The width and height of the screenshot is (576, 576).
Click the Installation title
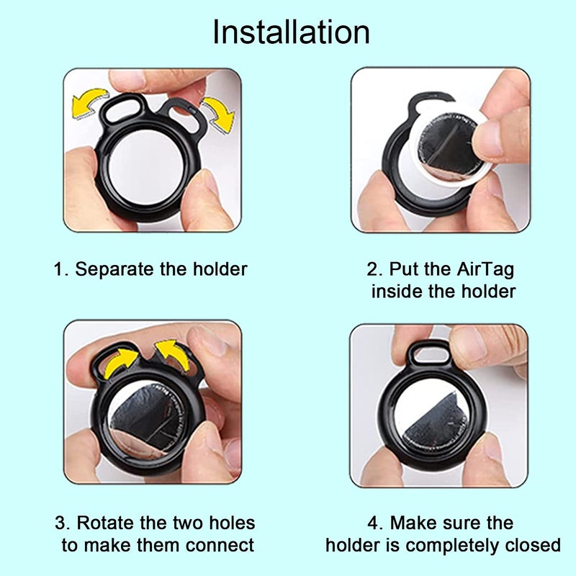tap(291, 32)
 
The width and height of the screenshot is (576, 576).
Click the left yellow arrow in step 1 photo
tap(89, 104)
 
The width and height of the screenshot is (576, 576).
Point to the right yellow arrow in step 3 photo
tap(173, 355)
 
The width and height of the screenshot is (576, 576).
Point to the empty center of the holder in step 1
tap(151, 167)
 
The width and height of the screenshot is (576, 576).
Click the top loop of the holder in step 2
tap(428, 102)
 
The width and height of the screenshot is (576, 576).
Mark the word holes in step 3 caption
tap(227, 523)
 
